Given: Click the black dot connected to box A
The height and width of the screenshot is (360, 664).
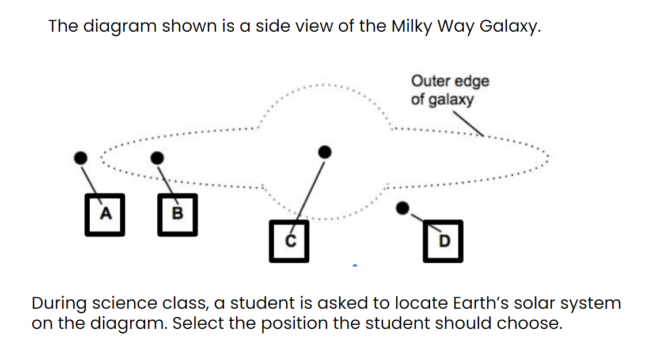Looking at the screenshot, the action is (81, 158).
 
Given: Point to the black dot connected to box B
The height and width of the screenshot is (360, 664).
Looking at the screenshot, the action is (157, 158).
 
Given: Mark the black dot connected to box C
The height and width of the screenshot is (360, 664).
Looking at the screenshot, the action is (324, 152).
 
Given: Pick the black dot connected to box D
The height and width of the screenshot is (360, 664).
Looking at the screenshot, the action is (403, 208).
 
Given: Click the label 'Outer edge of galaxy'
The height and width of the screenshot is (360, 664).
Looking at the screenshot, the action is (450, 90).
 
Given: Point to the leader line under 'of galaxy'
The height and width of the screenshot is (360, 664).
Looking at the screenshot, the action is (468, 124).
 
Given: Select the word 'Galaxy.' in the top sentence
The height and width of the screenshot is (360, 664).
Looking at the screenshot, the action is (510, 26).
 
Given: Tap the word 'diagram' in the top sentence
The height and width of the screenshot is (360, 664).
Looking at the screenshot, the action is (120, 26).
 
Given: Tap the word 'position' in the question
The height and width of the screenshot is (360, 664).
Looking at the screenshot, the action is (294, 324).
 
